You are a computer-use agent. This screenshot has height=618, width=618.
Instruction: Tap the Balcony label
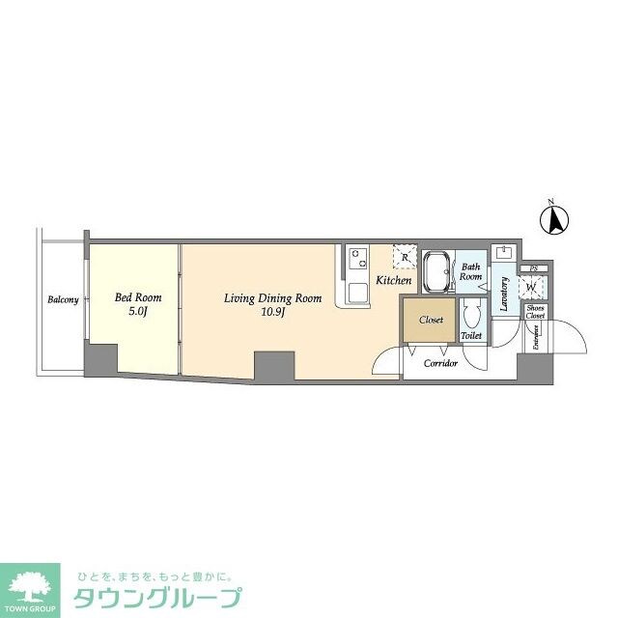click(x=63, y=300)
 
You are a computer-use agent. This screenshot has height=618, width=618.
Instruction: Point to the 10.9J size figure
click(x=272, y=313)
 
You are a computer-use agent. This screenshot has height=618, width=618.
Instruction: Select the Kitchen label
click(x=393, y=280)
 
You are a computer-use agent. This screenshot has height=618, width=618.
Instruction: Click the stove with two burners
click(x=357, y=259)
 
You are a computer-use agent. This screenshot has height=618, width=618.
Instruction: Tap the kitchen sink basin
click(x=356, y=292)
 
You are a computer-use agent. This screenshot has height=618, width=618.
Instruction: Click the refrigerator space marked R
click(x=403, y=258)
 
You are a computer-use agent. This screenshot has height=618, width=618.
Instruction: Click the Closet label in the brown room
click(x=431, y=319)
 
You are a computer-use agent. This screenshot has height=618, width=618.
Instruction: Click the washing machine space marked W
click(x=531, y=287)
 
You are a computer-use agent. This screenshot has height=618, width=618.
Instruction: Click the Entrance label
click(x=534, y=337)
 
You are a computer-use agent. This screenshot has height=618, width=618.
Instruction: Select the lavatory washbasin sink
click(x=503, y=253)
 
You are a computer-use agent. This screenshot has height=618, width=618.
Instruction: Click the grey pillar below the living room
click(x=273, y=366)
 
